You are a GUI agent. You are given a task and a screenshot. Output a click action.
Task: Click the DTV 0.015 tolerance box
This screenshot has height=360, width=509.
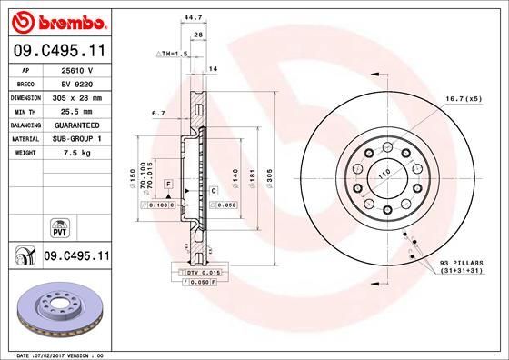click(203, 272)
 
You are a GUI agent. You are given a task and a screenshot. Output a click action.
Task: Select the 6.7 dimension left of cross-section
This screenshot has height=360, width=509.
click(158, 114)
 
